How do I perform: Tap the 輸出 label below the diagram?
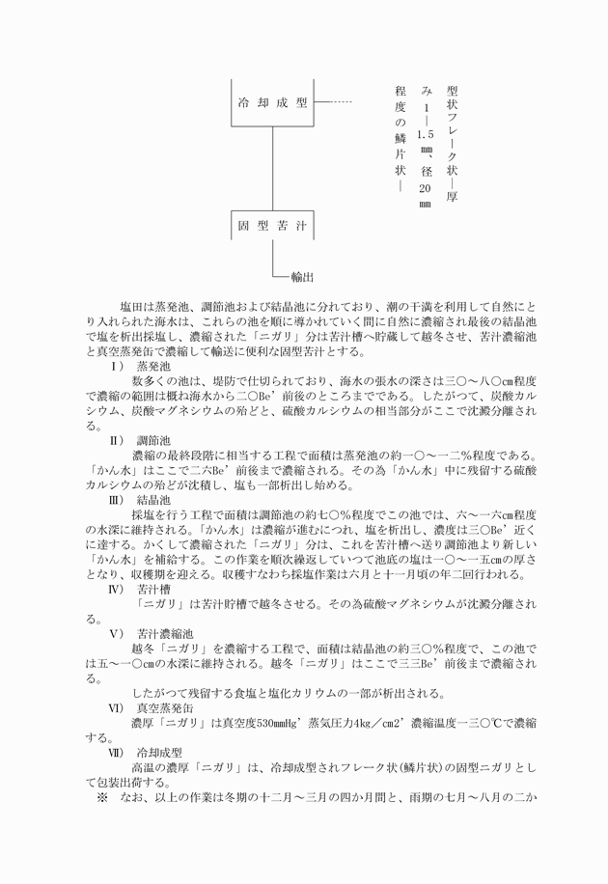pyautogui.click(x=302, y=277)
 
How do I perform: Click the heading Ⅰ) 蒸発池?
pyautogui.click(x=142, y=367)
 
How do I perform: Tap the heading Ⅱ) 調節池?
pyautogui.click(x=142, y=439)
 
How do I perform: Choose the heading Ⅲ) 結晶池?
pyautogui.click(x=142, y=500)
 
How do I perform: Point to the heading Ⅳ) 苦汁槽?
pyautogui.click(x=142, y=588)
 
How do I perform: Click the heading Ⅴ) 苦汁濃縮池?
pyautogui.click(x=148, y=633)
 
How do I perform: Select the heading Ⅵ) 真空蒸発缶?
pyautogui.click(x=148, y=707)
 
